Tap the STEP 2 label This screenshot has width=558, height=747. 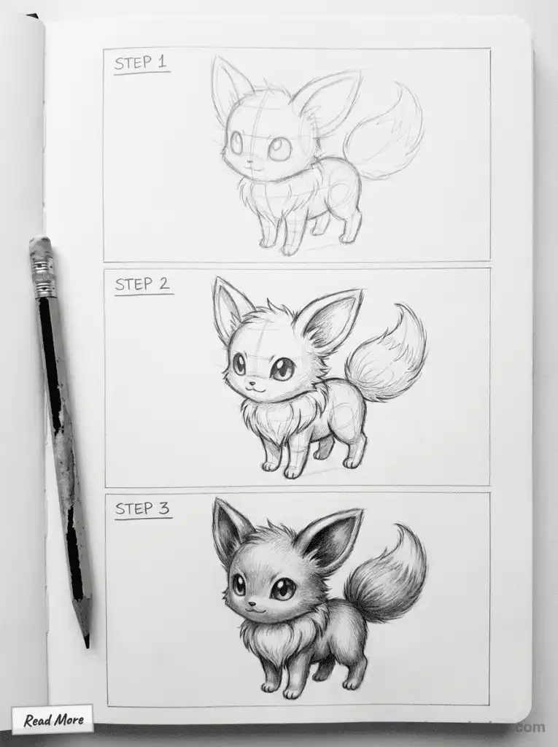coord(143,285)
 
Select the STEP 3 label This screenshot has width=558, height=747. coord(143,508)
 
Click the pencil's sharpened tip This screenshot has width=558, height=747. coord(86,642)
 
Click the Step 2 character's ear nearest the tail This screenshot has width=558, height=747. coord(332,321)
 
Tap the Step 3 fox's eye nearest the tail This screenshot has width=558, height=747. coord(282,588)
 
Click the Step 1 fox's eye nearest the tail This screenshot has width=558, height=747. coord(279,149)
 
